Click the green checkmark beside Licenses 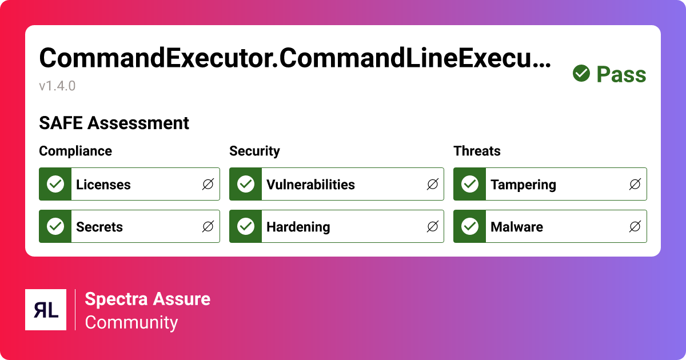tap(55, 184)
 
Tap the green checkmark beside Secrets tap(55, 226)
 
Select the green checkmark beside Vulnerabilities tap(246, 184)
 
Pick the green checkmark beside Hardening tap(246, 226)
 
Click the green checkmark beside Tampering tap(470, 184)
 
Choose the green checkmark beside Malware tap(470, 226)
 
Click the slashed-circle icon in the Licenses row tap(208, 184)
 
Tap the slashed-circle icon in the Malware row tap(635, 226)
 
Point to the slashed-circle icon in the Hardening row tap(432, 226)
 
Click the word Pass tap(621, 75)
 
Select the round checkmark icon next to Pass tap(581, 74)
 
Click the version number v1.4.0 tap(57, 86)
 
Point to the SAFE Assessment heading tap(114, 123)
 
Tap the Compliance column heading tap(75, 151)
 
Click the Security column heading tap(254, 151)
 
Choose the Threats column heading tap(477, 151)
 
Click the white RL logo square tap(46, 310)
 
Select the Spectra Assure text tap(147, 298)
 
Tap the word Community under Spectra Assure tap(131, 322)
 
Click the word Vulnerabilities tap(310, 185)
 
